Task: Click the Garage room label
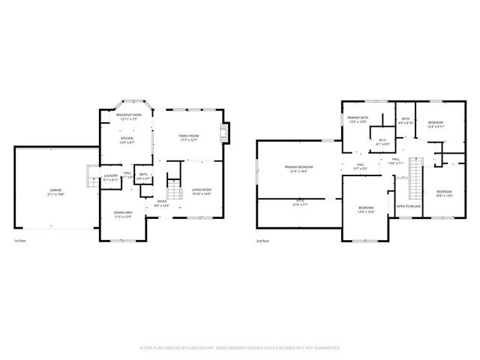56,191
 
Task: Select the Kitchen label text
127,139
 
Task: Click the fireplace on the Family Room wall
223,133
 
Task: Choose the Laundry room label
111,178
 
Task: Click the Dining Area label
123,214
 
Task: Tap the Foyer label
161,202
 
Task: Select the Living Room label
202,191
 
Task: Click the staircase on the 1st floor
174,187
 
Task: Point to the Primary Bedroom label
298,168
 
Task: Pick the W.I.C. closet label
382,141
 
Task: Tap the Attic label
299,202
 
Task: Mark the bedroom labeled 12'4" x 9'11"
436,124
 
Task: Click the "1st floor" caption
20,241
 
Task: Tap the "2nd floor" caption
262,241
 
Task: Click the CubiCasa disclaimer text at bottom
240,347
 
